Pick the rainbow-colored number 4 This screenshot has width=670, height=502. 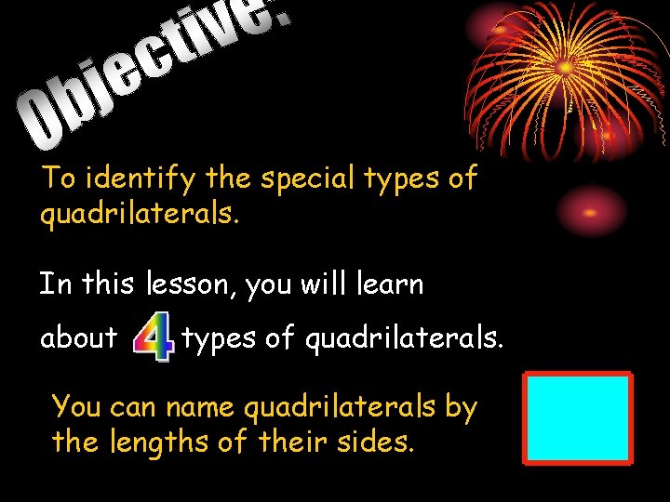tap(153, 337)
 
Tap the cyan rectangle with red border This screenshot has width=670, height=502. tap(578, 417)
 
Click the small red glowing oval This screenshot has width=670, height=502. tap(589, 212)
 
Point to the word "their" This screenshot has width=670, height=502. tap(288, 442)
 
